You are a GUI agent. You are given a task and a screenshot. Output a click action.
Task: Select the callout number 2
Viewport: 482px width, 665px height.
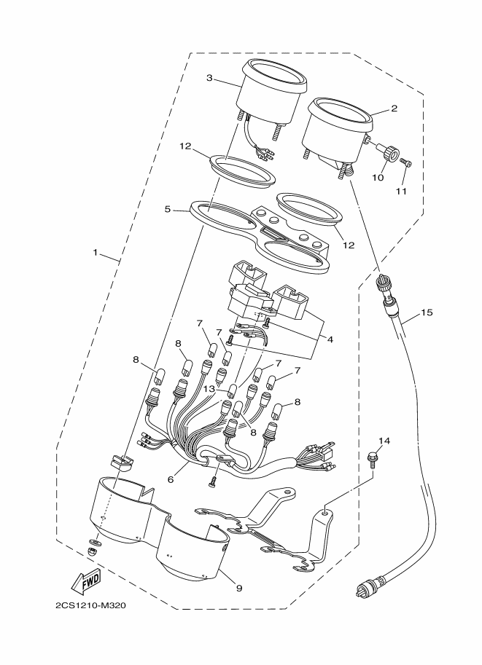point(393,109)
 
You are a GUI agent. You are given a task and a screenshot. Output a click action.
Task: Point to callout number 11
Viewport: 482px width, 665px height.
point(400,192)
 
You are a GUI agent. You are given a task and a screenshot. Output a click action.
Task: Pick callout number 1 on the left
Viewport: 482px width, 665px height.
point(96,253)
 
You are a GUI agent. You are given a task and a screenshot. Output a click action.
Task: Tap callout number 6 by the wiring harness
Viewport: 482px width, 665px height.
point(170,481)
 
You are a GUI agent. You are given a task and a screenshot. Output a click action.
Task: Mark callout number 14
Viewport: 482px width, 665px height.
point(384,441)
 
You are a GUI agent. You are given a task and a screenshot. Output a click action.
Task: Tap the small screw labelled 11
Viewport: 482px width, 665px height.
point(406,165)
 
